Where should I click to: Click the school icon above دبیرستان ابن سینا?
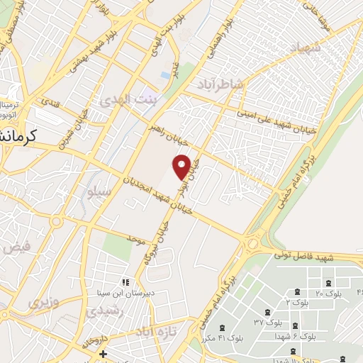(125, 282)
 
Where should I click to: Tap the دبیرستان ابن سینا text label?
(125, 292)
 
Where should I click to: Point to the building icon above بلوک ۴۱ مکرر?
(223, 328)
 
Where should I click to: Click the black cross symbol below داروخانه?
(104, 353)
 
